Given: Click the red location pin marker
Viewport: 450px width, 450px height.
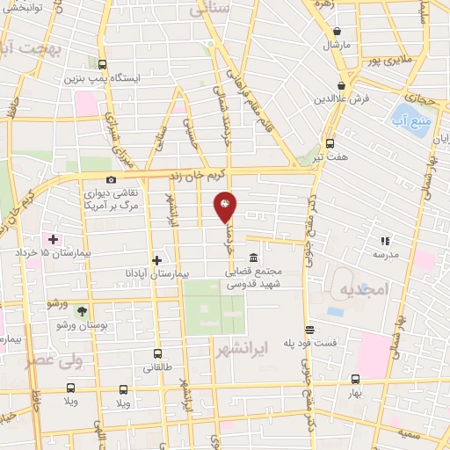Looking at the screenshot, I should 225,207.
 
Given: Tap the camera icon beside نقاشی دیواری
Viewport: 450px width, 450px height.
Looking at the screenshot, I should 111,179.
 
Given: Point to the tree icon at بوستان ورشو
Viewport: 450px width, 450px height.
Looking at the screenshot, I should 82,311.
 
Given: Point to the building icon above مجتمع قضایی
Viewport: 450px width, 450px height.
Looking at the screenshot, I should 253,258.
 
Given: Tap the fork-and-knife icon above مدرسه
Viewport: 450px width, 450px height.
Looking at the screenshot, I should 384,240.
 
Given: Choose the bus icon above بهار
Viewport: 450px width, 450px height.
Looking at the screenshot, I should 355,379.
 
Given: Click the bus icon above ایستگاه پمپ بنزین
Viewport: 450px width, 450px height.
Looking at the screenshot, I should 103,64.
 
